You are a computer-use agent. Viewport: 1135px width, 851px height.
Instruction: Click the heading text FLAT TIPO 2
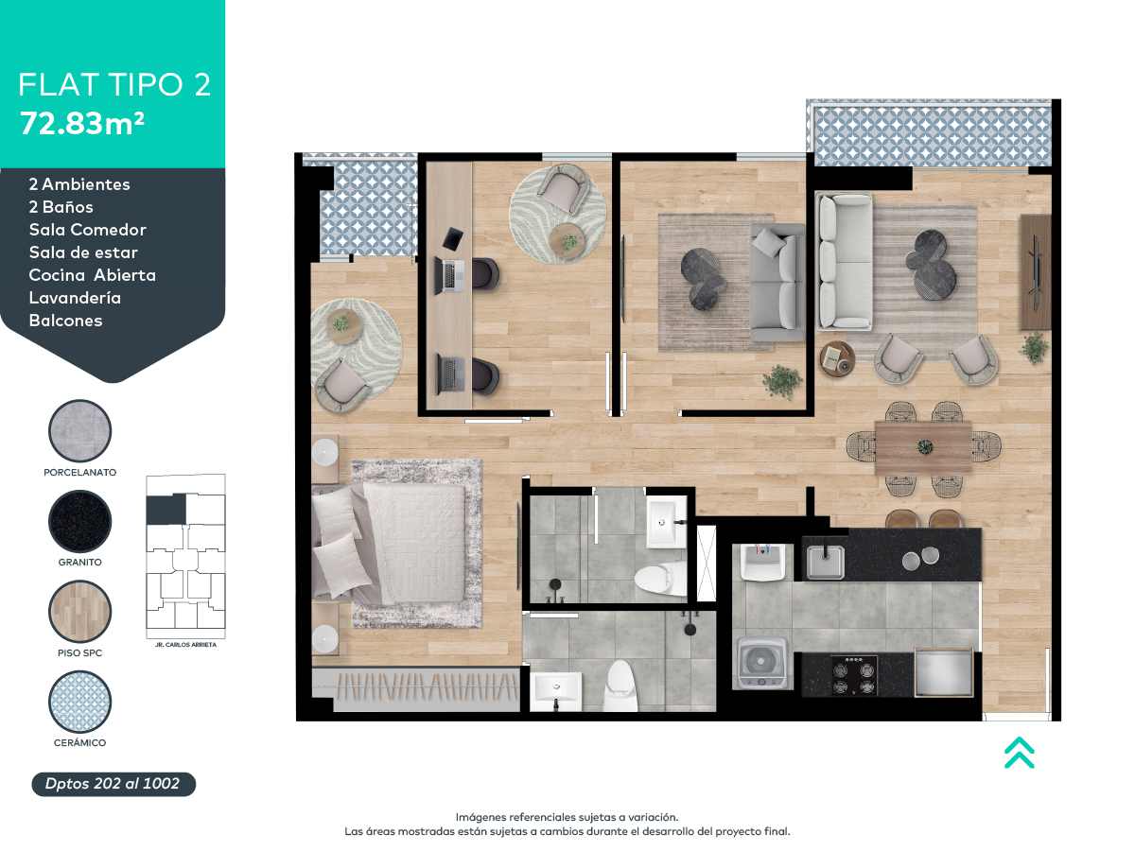(x=114, y=84)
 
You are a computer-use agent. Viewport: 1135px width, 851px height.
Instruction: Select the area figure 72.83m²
(x=81, y=123)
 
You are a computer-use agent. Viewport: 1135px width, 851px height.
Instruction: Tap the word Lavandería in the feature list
(x=75, y=298)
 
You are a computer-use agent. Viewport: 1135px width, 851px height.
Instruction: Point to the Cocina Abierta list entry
(x=92, y=275)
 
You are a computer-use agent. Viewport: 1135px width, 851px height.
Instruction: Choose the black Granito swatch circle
(x=80, y=522)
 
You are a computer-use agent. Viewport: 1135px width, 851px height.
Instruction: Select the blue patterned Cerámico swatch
(x=80, y=703)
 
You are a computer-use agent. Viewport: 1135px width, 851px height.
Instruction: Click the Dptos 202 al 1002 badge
(x=113, y=784)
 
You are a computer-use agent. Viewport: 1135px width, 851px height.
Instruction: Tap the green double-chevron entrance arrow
(x=1019, y=752)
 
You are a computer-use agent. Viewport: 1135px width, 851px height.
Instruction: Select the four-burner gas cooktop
(x=853, y=674)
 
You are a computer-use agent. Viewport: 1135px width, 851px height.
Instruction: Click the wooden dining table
(x=922, y=447)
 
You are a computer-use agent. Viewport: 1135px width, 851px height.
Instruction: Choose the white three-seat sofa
(x=844, y=262)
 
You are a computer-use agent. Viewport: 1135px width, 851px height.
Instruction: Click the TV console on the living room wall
(x=1036, y=271)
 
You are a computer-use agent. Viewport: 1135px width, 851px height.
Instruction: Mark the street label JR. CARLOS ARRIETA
(x=184, y=644)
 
